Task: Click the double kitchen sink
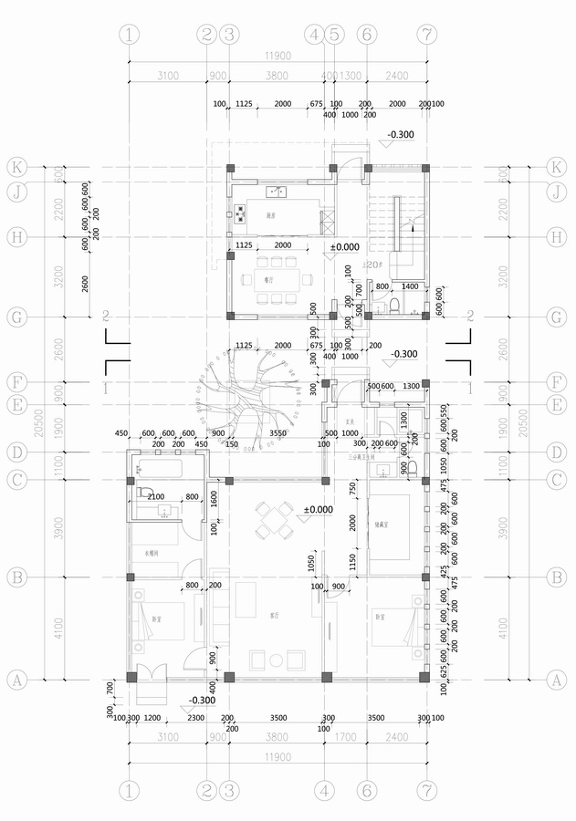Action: (277, 192)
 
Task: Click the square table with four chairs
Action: (274, 519)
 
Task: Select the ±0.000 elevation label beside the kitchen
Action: (344, 247)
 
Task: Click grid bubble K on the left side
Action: (16, 168)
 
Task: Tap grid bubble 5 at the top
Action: (334, 36)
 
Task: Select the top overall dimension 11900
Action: (278, 56)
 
